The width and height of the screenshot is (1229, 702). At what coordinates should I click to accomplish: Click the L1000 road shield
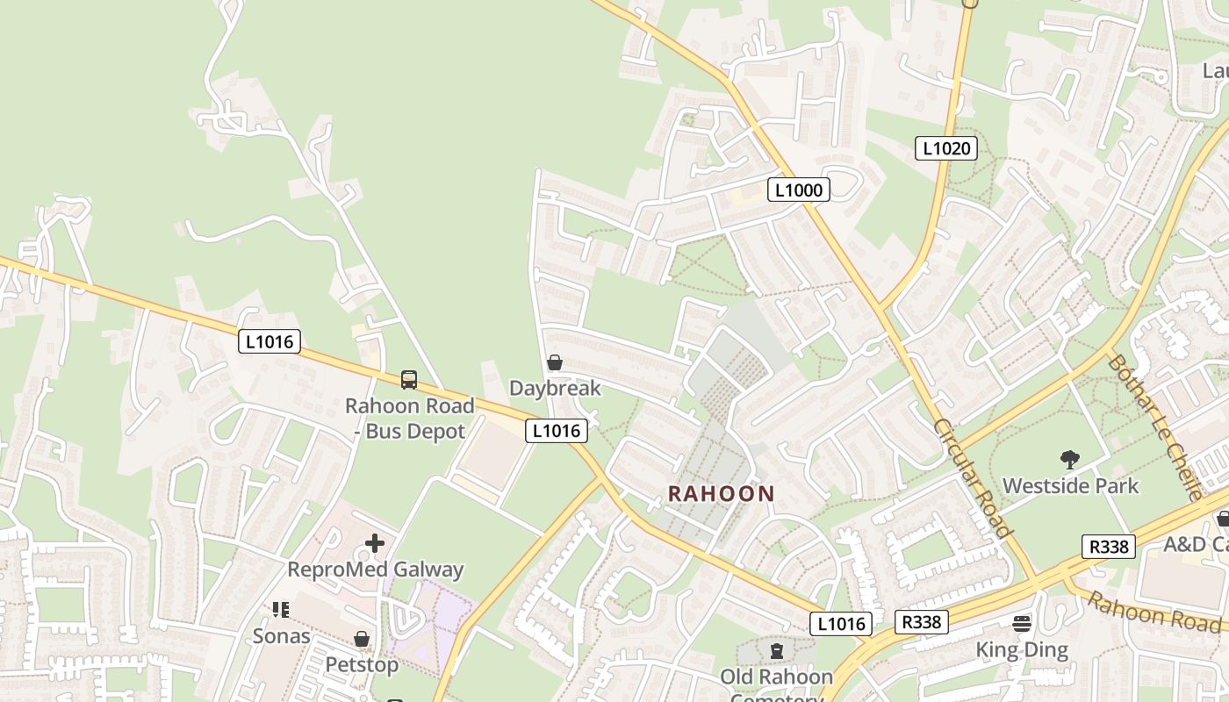(x=799, y=189)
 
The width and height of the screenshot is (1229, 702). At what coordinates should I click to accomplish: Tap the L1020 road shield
(x=946, y=148)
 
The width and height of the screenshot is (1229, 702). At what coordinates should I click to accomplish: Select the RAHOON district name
(x=722, y=494)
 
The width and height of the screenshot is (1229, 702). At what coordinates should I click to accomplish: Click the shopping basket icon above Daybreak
(x=555, y=362)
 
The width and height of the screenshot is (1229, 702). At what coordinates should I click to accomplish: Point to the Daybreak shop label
(x=555, y=388)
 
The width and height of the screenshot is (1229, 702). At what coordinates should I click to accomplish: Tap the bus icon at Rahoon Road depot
(x=409, y=380)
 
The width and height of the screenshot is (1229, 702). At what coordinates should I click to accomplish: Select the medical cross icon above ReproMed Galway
(x=375, y=543)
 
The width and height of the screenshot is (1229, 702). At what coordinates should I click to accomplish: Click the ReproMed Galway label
(x=375, y=569)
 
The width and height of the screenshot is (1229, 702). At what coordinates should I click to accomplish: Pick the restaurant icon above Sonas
(x=281, y=609)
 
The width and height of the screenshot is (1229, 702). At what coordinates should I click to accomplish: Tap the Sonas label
(x=281, y=635)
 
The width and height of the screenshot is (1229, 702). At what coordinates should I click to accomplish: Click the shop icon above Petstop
(x=362, y=639)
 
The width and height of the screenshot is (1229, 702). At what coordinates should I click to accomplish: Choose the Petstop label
(x=362, y=665)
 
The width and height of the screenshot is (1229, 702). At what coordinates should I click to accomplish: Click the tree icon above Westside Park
(x=1069, y=459)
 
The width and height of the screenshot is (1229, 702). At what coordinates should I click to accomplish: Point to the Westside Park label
(x=1070, y=485)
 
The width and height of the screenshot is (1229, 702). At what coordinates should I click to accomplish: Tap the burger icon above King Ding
(x=1022, y=624)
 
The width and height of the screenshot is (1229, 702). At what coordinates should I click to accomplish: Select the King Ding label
(x=1022, y=650)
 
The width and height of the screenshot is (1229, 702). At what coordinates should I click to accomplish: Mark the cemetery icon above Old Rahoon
(x=776, y=651)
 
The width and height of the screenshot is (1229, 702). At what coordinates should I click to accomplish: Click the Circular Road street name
(x=973, y=478)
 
